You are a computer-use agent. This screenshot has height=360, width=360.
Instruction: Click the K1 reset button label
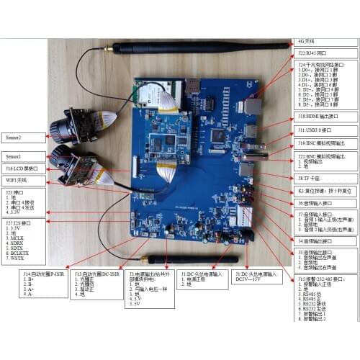pos(326,192)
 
